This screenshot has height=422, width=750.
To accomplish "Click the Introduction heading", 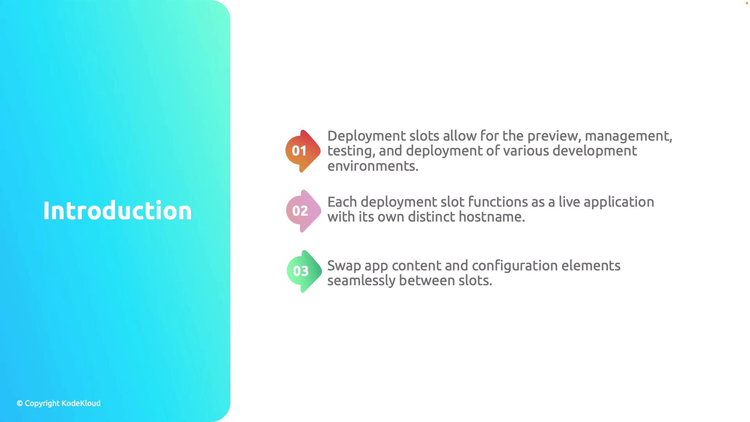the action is point(117,211).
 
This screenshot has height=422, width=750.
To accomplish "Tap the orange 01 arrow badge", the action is point(303,151).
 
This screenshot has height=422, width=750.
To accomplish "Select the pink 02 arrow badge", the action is point(304,211).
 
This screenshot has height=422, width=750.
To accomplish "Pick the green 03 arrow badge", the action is point(304,271).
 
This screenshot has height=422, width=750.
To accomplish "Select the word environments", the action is point(373,166).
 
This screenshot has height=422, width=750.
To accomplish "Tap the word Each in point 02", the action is point(342,202).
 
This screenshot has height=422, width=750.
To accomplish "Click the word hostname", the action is point(492,217).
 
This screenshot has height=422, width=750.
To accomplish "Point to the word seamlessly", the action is point(361,281).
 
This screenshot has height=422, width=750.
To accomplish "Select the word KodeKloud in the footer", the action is point(81,403).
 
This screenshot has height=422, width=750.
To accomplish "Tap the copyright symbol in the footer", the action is point(20,403).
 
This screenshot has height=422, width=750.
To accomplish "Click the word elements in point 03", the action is point(591,266).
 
